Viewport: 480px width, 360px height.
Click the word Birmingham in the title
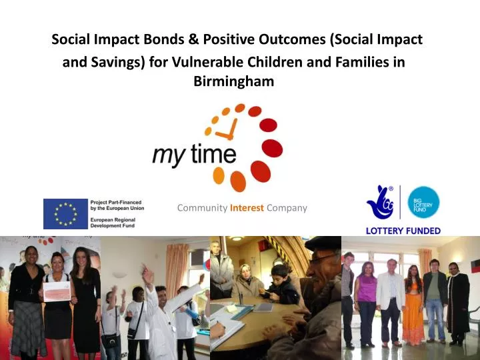233,81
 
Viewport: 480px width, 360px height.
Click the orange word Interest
247,208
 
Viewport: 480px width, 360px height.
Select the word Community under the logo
202,208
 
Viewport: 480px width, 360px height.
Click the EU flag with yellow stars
65,213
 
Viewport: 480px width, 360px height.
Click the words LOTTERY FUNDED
403,231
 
